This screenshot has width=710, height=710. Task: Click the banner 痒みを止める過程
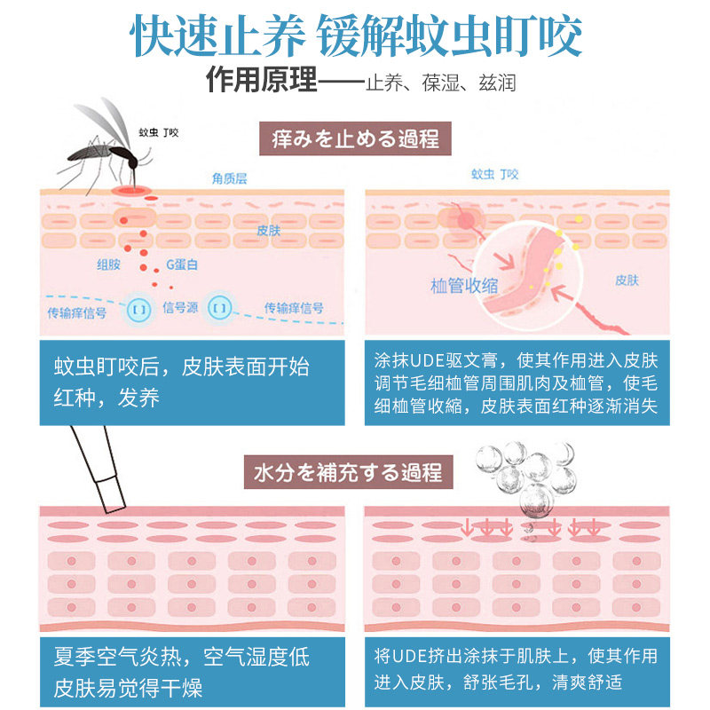[x=355, y=140]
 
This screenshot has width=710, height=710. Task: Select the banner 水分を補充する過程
[x=355, y=471]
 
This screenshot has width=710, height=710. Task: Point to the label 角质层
[x=229, y=178]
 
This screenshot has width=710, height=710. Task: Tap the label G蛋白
[x=183, y=264]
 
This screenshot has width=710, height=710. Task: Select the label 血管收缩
[x=463, y=285]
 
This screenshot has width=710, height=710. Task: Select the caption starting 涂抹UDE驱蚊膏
[x=516, y=384]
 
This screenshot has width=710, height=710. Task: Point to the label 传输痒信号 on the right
[x=294, y=308]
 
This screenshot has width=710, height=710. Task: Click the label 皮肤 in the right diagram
[x=627, y=280]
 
